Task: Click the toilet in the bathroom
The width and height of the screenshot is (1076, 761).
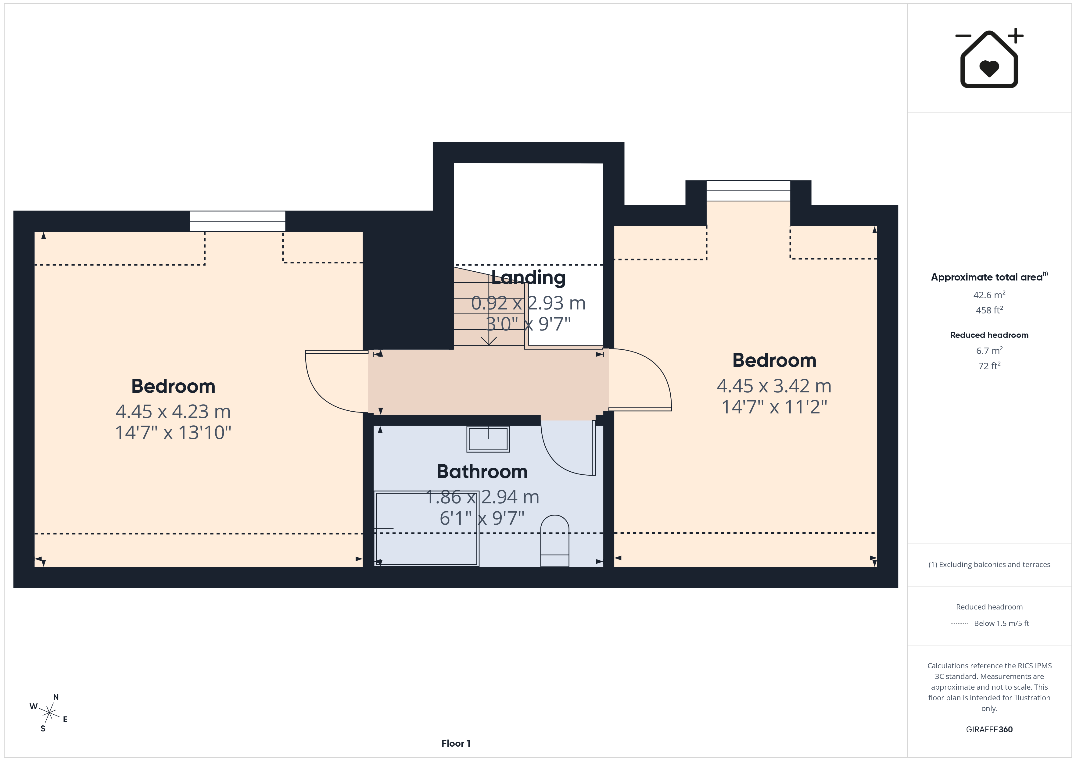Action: pos(554,541)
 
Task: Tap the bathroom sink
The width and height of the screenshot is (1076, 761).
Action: pos(488,439)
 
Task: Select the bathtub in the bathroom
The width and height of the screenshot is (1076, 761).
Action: pos(426,528)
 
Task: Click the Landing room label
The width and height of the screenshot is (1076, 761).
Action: pos(528,277)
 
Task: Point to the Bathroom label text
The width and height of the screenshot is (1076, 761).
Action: pos(482,471)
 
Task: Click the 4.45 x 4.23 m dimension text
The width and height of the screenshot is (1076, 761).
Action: pos(173,411)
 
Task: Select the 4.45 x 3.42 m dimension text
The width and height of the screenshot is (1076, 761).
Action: pos(774,386)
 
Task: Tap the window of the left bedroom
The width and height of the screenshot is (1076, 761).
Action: pos(238,221)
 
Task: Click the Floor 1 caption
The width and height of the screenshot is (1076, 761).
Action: pos(456,743)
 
